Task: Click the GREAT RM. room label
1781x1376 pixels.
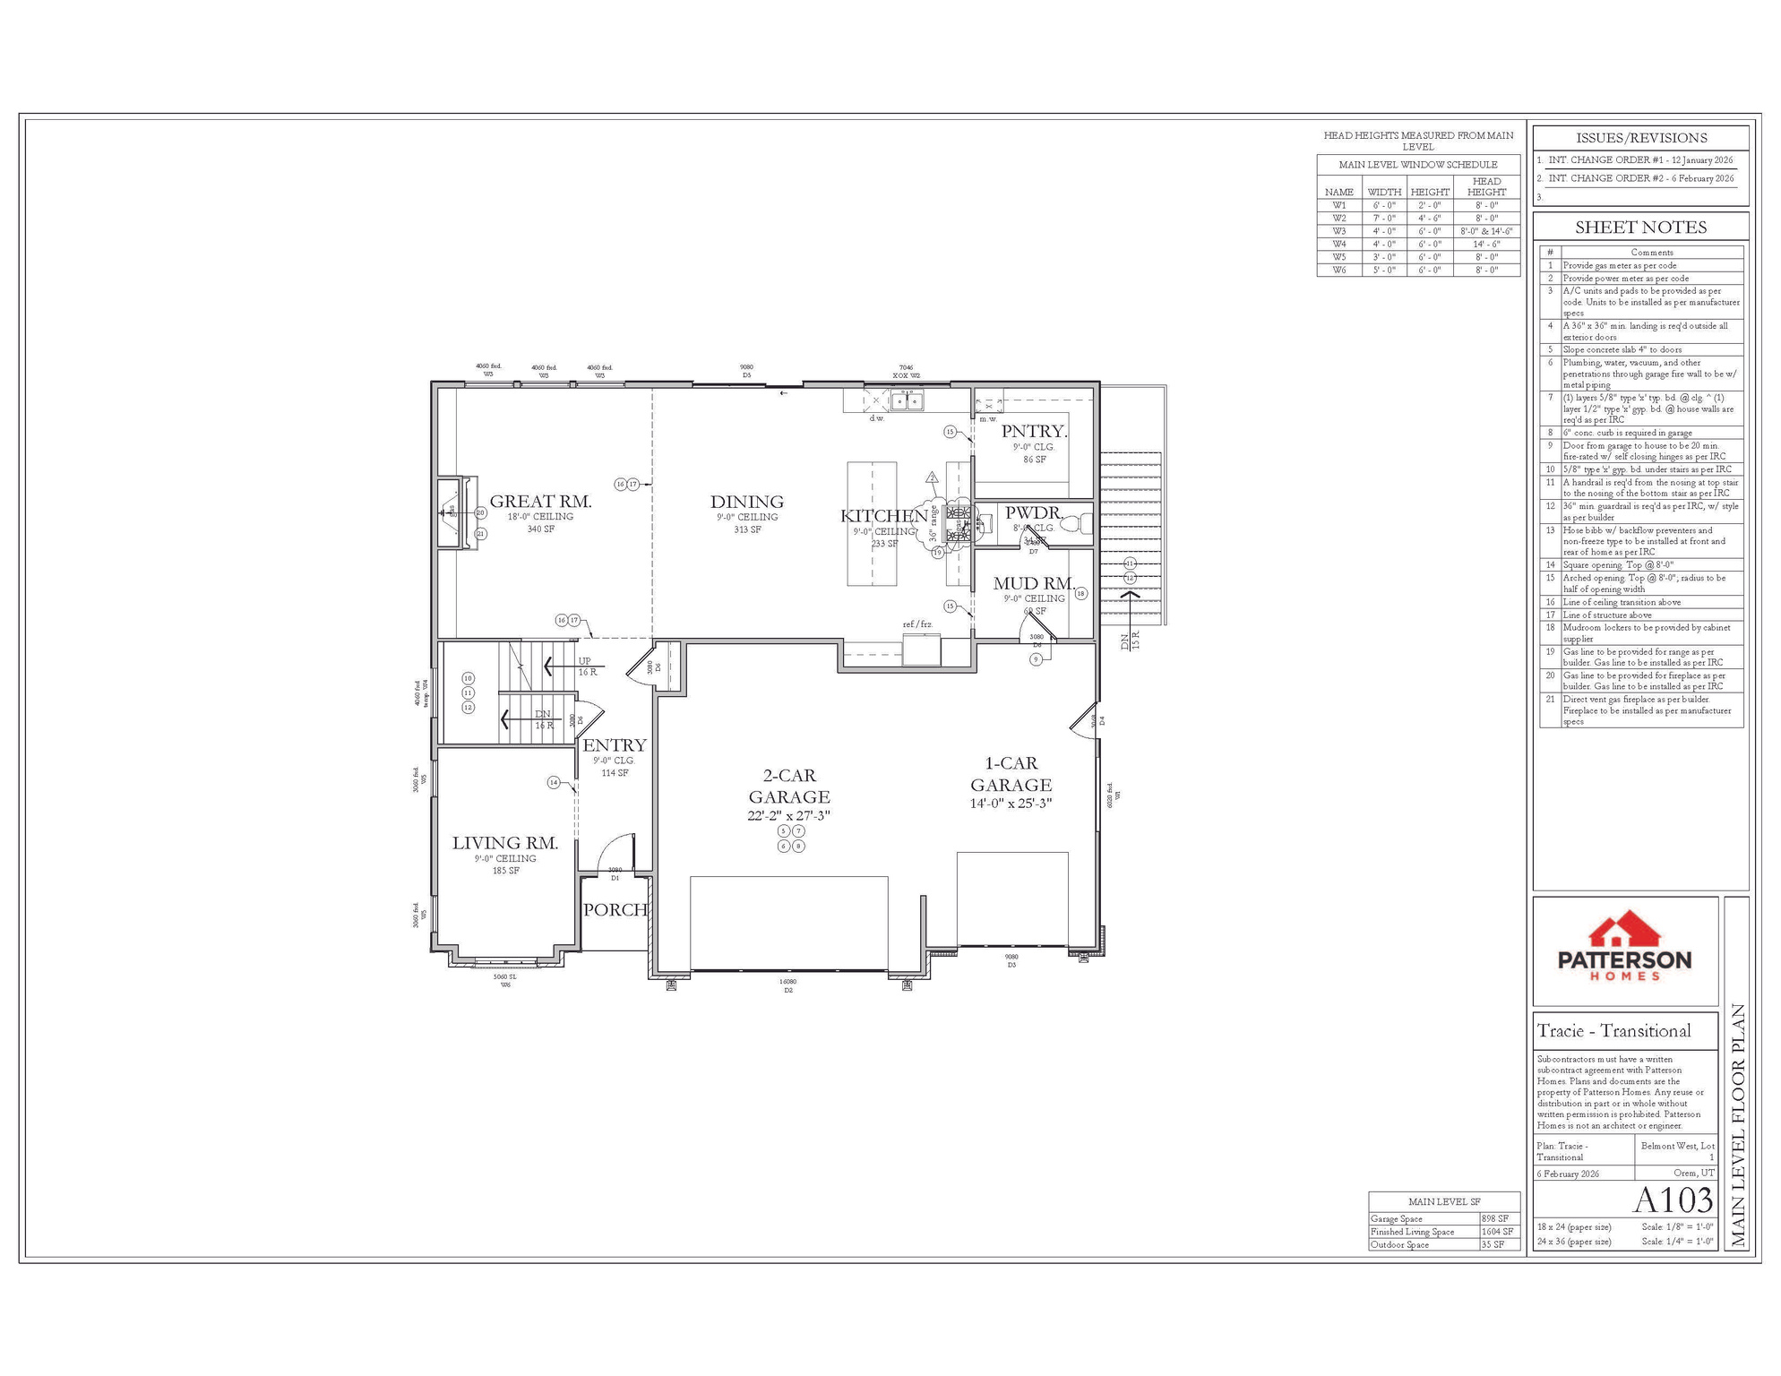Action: point(540,502)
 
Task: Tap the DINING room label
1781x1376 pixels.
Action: point(746,502)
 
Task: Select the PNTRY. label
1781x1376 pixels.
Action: point(1034,432)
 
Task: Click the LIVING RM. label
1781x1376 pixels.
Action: point(504,843)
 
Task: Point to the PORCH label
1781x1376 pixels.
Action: point(615,910)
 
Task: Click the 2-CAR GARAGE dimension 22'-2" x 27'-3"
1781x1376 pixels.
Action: point(788,816)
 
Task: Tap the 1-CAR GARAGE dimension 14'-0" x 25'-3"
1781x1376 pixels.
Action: point(1011,804)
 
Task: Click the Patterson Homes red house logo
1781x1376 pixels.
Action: point(1624,932)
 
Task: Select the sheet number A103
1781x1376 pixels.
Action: point(1673,1200)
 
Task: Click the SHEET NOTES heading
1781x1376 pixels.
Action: point(1640,228)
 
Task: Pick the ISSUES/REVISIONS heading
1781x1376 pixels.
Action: point(1640,138)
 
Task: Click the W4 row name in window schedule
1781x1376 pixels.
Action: point(1338,244)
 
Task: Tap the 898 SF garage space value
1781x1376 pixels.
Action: point(1494,1218)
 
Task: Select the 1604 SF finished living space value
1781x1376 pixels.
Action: point(1496,1232)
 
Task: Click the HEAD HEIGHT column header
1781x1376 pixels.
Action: point(1486,186)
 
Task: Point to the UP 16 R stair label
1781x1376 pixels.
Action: point(586,666)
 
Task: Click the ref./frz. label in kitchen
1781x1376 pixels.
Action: point(916,624)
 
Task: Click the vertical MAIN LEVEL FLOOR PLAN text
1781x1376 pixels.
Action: point(1738,1125)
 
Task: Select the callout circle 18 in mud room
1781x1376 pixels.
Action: point(1080,593)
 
